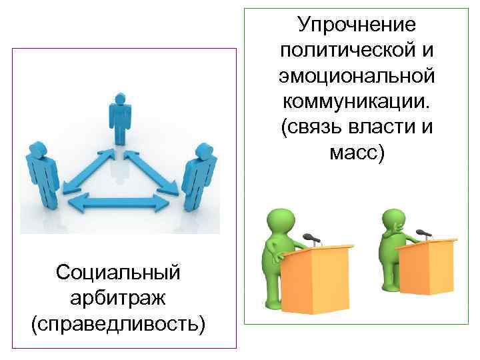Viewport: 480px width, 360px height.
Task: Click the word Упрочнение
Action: pos(357,25)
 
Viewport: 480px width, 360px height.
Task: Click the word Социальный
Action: pos(119,272)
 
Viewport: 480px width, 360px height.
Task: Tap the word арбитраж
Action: pos(119,298)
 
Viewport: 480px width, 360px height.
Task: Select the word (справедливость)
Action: pos(119,324)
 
